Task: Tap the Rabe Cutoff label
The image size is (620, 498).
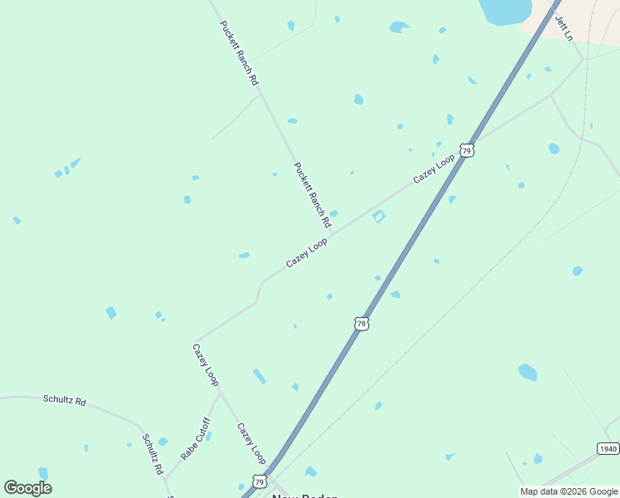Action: tap(196, 439)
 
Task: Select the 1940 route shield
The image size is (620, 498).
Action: tap(608, 448)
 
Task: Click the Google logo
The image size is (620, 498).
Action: tap(28, 487)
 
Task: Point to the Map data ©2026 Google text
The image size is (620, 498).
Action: tap(569, 491)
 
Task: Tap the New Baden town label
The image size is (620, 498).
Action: tap(305, 496)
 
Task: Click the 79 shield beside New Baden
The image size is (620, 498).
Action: tap(259, 481)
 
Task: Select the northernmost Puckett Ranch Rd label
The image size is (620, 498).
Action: tap(240, 53)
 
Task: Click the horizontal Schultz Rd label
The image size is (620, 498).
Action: tap(65, 400)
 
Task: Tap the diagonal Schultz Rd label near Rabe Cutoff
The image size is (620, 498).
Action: tap(152, 454)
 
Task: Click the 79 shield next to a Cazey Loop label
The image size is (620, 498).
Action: tap(467, 150)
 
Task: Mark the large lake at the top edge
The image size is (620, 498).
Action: tap(505, 11)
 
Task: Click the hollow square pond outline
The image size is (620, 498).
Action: tap(379, 217)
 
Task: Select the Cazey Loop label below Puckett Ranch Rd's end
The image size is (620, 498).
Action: tap(307, 252)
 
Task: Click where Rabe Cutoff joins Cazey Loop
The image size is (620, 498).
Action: tap(220, 393)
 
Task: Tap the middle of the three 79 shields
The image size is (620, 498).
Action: tap(361, 323)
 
